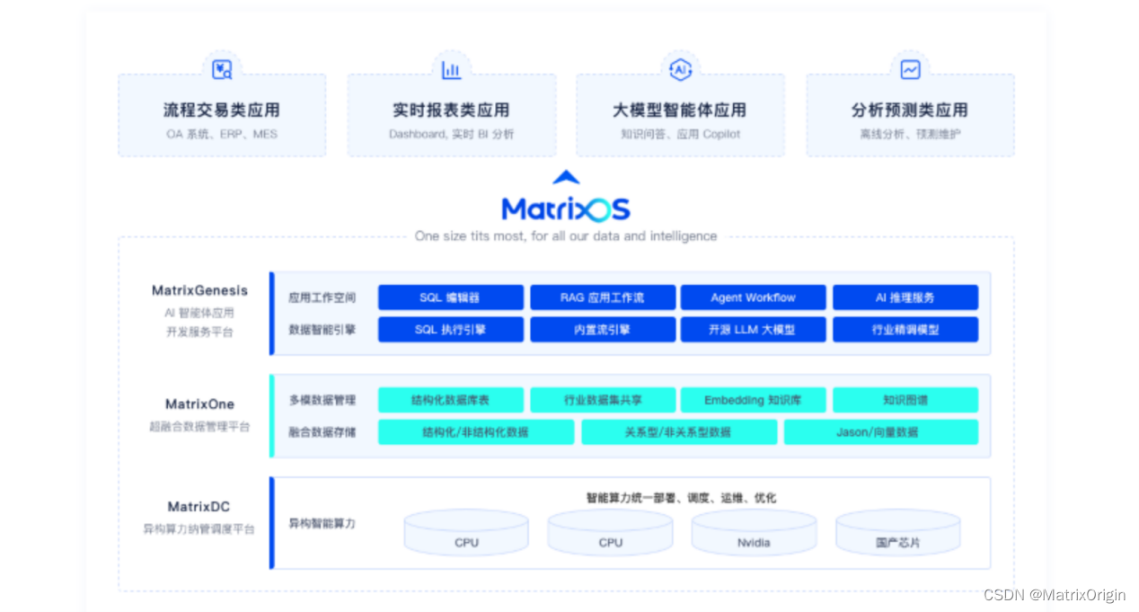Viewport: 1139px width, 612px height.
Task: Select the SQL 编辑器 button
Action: tap(450, 297)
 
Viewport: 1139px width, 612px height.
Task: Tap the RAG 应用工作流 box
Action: tap(602, 297)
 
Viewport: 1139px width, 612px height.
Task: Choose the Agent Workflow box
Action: tap(753, 297)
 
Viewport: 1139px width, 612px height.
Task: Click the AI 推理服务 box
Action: tap(905, 297)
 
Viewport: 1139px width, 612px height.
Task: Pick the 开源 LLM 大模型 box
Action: tap(753, 330)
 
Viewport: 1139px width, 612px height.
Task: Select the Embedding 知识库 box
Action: tap(753, 400)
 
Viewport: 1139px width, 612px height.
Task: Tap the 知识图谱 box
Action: tap(905, 400)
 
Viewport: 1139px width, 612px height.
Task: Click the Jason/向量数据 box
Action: tap(880, 432)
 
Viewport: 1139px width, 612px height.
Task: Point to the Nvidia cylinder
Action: tap(753, 535)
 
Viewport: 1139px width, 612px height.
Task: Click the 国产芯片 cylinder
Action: tap(897, 535)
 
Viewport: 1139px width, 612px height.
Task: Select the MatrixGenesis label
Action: tap(199, 290)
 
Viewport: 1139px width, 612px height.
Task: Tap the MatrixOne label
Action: tap(199, 404)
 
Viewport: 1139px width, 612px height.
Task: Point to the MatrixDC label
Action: tap(199, 507)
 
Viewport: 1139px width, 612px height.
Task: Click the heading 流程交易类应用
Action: tap(221, 111)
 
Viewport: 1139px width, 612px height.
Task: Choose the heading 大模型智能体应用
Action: tap(679, 111)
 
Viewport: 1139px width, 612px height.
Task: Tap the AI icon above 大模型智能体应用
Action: tap(680, 69)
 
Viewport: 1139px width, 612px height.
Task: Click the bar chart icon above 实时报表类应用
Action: tap(451, 69)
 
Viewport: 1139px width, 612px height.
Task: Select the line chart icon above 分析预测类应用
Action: tap(910, 69)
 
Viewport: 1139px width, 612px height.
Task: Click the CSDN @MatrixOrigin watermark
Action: tap(1054, 595)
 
